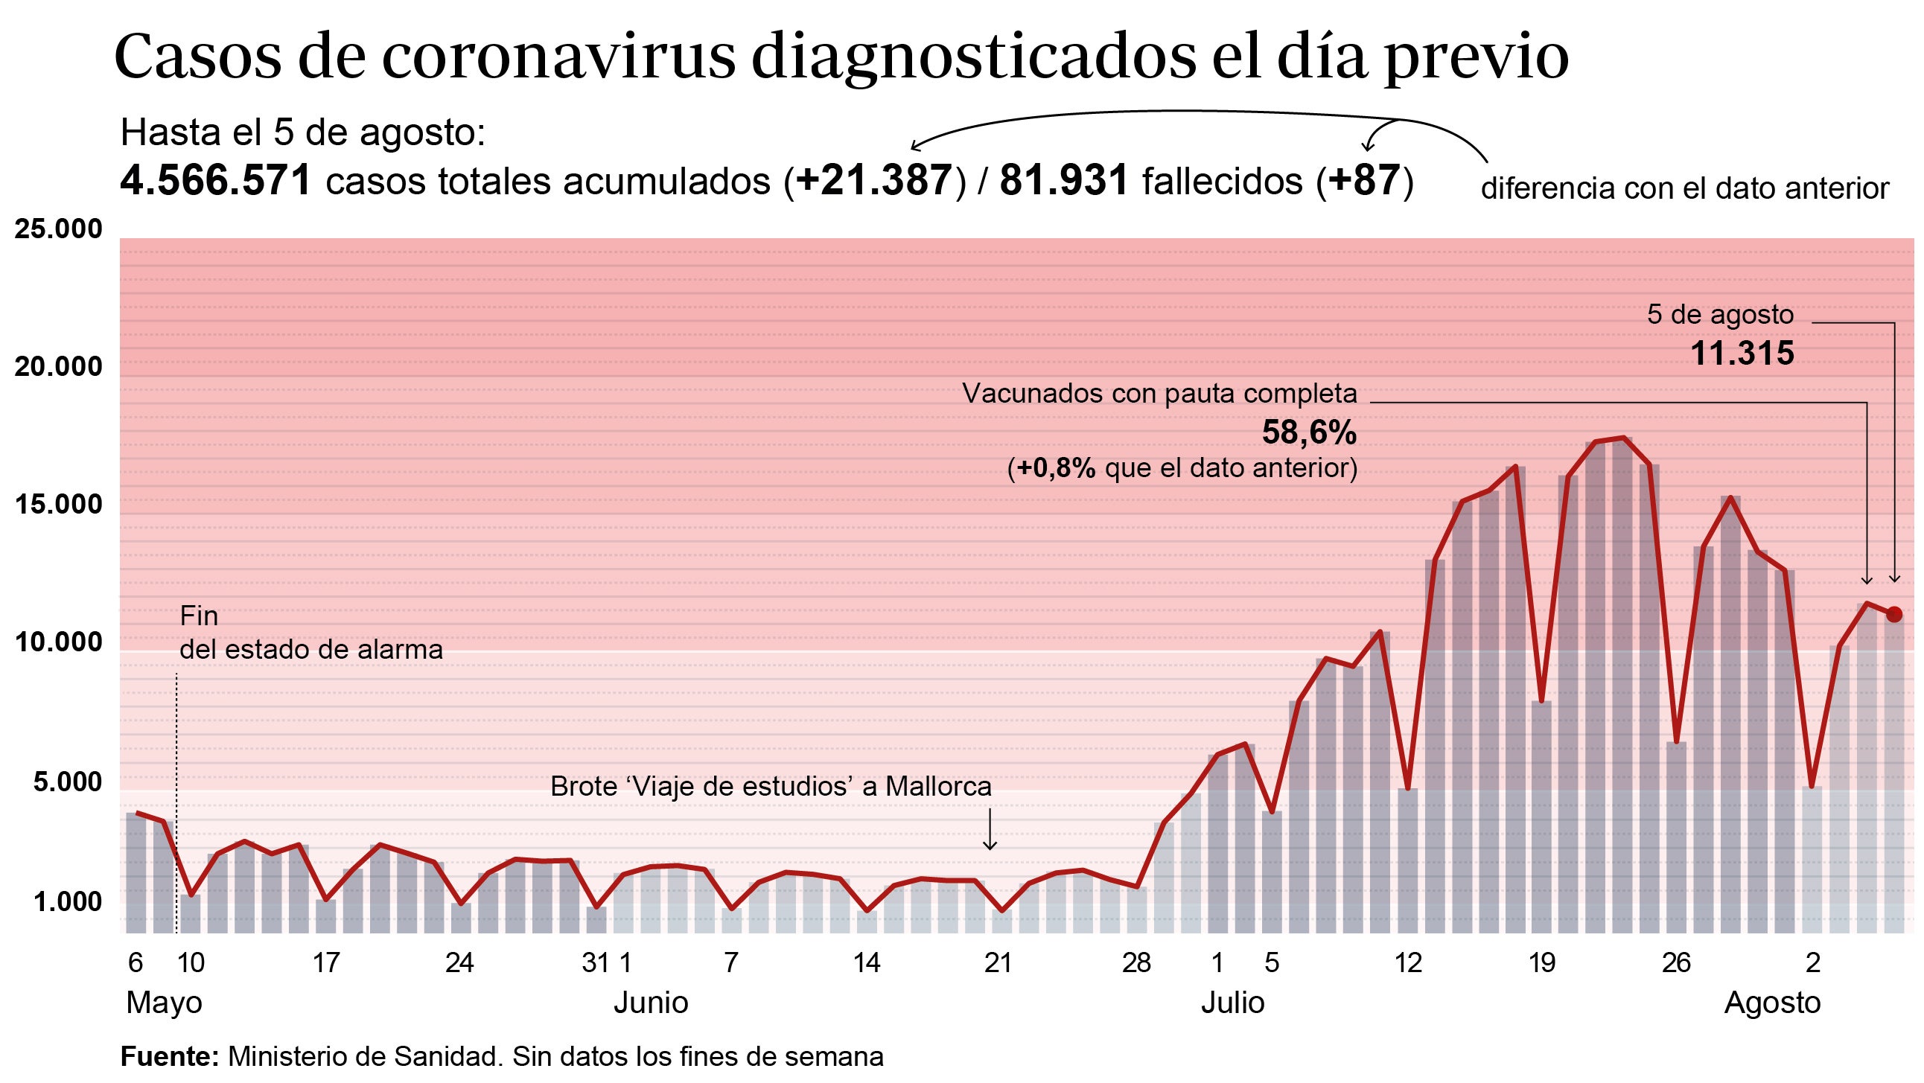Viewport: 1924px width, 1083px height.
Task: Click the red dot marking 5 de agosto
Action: click(x=1894, y=614)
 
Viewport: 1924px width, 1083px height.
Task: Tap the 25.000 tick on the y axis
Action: click(x=58, y=229)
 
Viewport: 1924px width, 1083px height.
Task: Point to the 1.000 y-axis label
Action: click(x=67, y=902)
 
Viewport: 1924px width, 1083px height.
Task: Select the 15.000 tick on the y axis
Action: click(x=58, y=504)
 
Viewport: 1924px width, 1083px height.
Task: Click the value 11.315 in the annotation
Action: click(x=1741, y=354)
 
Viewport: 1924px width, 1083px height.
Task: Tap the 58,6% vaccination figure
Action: click(x=1308, y=432)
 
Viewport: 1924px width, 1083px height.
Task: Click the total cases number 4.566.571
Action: click(x=215, y=181)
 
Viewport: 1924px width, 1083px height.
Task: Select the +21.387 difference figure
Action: click(x=874, y=181)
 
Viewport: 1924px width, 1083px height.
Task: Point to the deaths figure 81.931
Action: click(x=1063, y=181)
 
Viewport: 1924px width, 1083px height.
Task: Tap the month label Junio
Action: click(x=651, y=1003)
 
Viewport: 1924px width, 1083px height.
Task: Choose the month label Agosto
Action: click(x=1771, y=1003)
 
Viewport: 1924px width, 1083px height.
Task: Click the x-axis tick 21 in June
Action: click(x=998, y=962)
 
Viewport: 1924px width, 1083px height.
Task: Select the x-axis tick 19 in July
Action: click(x=1541, y=962)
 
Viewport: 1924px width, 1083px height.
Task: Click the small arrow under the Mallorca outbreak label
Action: click(x=989, y=831)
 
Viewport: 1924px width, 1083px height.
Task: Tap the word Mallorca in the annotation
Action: click(x=938, y=787)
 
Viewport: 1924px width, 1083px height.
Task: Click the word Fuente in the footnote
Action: click(x=169, y=1056)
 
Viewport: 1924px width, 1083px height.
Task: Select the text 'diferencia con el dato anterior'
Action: click(x=1684, y=188)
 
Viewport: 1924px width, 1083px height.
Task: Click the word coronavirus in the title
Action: click(x=558, y=57)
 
